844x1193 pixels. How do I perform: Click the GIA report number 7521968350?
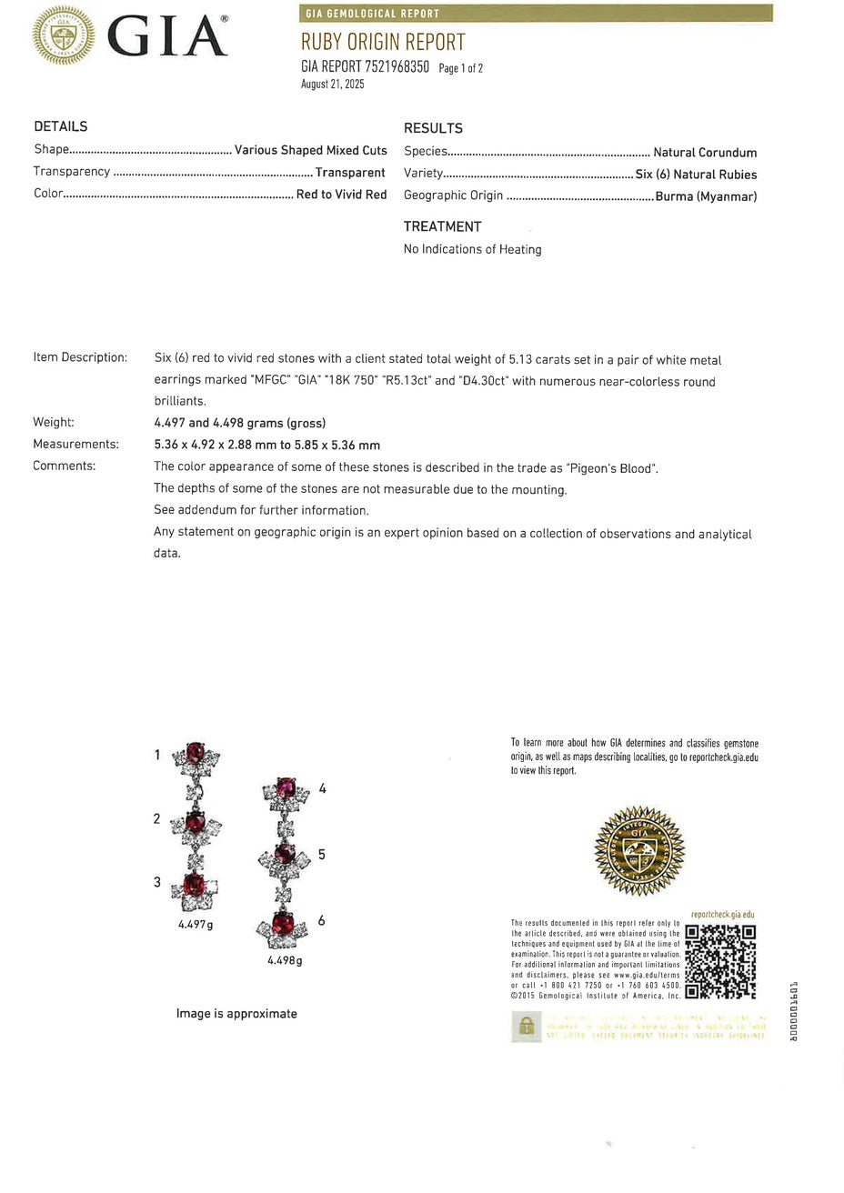pyautogui.click(x=397, y=66)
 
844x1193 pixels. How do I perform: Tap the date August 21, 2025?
pyautogui.click(x=333, y=85)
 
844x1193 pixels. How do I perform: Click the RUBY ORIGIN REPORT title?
pyautogui.click(x=383, y=42)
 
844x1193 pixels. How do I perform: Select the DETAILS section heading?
pyautogui.click(x=61, y=126)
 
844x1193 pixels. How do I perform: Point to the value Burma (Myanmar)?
pyautogui.click(x=706, y=196)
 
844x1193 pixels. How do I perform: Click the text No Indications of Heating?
pyautogui.click(x=472, y=249)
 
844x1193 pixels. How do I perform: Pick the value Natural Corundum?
pyautogui.click(x=705, y=153)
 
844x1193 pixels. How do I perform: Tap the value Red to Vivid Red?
pyautogui.click(x=341, y=195)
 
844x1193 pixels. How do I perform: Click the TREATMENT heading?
pyautogui.click(x=442, y=226)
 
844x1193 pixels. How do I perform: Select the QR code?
pyautogui.click(x=720, y=961)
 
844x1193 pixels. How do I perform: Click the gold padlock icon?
pyautogui.click(x=526, y=1027)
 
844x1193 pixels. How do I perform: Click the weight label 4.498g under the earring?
pyautogui.click(x=285, y=960)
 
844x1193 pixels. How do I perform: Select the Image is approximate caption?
pyautogui.click(x=236, y=1013)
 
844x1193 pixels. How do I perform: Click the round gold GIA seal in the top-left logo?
pyautogui.click(x=64, y=35)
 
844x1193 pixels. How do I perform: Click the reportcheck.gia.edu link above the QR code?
pyautogui.click(x=723, y=915)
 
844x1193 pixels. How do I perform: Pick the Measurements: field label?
pyautogui.click(x=75, y=445)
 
